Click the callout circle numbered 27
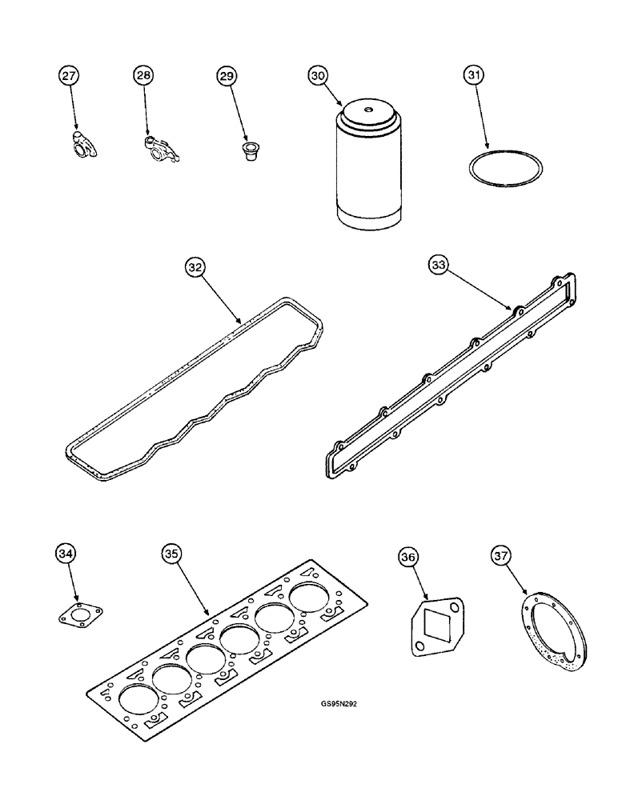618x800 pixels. tap(69, 76)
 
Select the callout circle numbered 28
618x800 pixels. tap(142, 76)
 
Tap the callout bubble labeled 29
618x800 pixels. tap(227, 76)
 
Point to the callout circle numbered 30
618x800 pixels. tap(318, 76)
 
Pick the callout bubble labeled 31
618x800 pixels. tap(474, 76)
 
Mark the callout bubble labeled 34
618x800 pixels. tap(66, 553)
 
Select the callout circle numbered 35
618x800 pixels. tap(171, 553)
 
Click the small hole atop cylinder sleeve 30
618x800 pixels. tap(369, 110)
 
